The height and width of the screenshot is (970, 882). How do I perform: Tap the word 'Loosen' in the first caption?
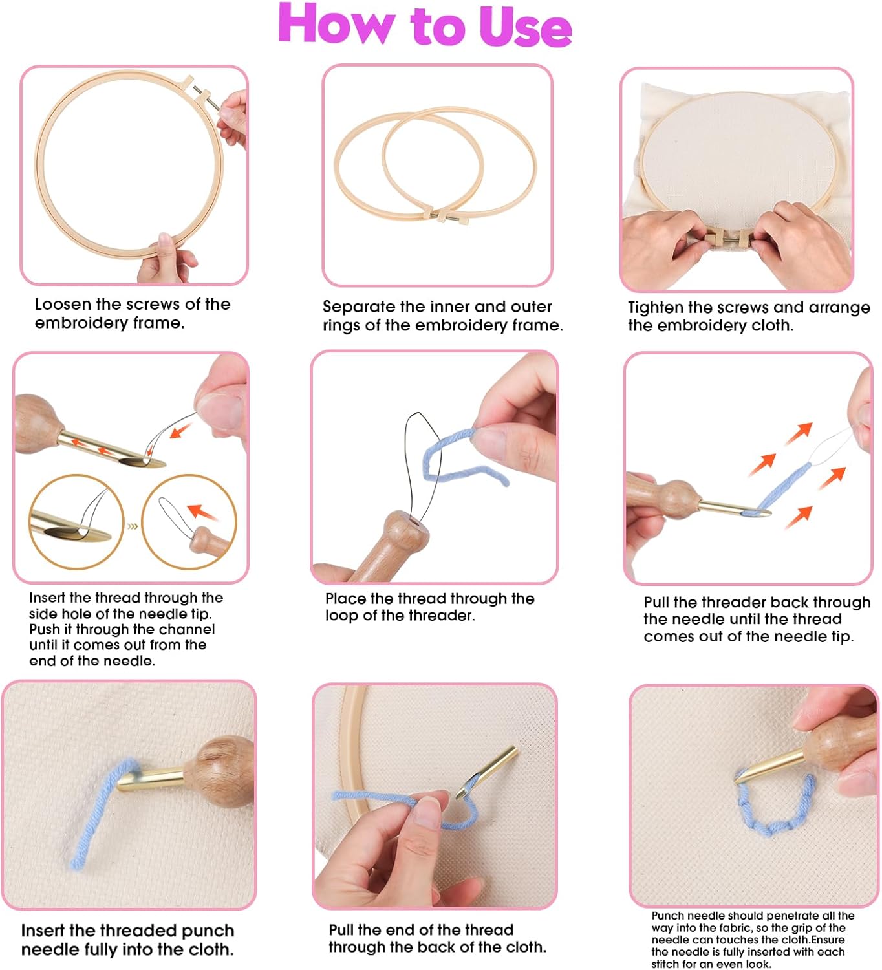[63, 305]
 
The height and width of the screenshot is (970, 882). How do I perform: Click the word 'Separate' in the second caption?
[358, 307]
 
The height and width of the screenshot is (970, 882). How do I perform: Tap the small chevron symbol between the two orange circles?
[133, 526]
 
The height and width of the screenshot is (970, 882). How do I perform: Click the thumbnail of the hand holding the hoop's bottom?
[134, 176]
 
